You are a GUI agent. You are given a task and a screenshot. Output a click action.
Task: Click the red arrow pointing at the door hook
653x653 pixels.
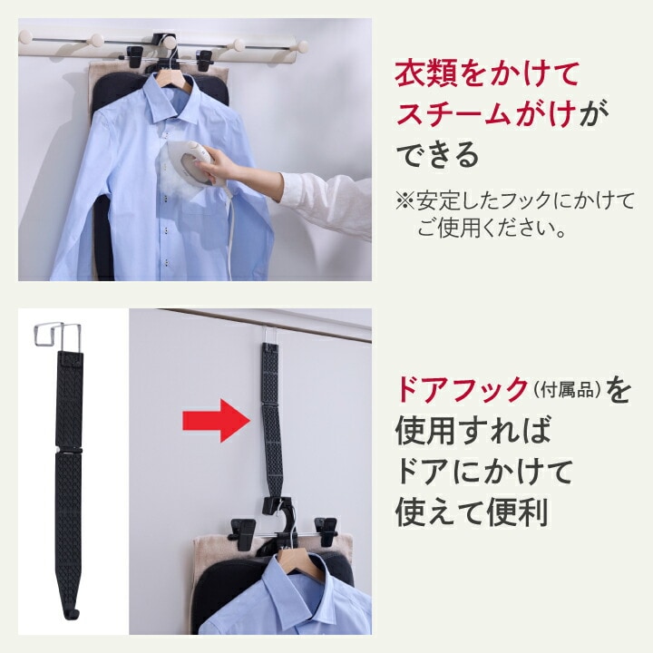click(x=216, y=420)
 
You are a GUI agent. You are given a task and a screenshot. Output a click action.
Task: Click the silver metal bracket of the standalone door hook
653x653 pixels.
click(x=56, y=335)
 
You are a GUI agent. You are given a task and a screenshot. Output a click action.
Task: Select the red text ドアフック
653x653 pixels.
click(x=462, y=389)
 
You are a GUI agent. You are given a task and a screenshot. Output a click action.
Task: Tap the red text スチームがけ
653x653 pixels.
click(x=486, y=112)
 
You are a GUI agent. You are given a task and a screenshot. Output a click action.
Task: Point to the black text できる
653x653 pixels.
click(x=437, y=154)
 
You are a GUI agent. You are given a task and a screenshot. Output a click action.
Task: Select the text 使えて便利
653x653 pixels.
click(x=472, y=512)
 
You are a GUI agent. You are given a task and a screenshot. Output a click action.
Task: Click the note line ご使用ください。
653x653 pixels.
click(x=492, y=229)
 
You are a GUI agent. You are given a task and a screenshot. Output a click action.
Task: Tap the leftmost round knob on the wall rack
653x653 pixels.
click(x=25, y=36)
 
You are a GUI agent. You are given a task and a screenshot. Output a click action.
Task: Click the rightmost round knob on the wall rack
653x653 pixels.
click(x=303, y=46)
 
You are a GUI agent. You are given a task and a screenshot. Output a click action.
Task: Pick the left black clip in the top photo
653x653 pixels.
click(x=134, y=57)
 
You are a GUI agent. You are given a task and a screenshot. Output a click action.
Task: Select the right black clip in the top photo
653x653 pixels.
click(x=204, y=60)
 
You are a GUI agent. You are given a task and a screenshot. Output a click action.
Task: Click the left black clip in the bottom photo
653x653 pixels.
click(x=243, y=532)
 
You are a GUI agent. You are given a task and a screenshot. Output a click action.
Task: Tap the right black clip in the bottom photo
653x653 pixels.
click(x=326, y=531)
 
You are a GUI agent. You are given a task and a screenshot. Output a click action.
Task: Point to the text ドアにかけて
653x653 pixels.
click(x=484, y=472)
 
